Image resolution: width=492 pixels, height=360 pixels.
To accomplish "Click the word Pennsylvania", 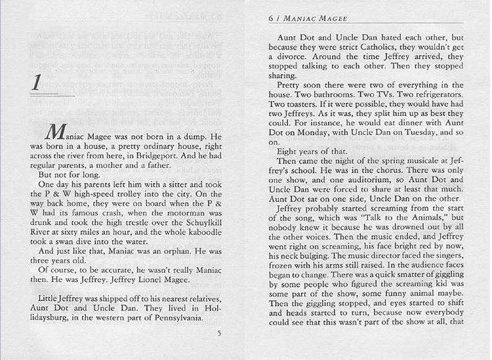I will [178, 319].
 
